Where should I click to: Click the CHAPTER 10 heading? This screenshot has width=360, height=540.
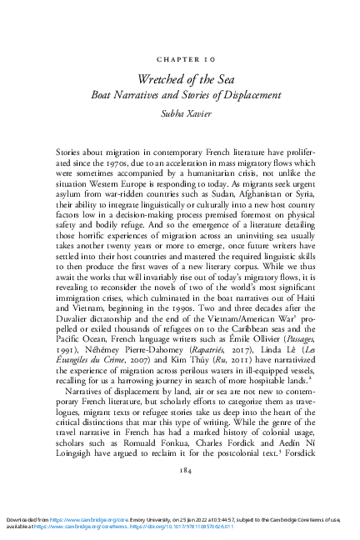(x=179, y=61)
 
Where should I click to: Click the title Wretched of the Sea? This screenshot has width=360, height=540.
(x=179, y=79)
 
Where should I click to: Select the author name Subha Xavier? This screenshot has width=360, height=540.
(x=179, y=111)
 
